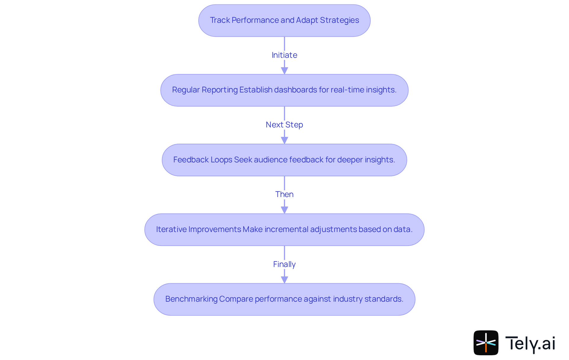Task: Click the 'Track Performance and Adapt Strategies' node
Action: pyautogui.click(x=284, y=20)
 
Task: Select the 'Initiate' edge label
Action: pyautogui.click(x=284, y=55)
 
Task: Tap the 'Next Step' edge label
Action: pyautogui.click(x=284, y=125)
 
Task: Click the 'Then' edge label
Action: pyautogui.click(x=284, y=194)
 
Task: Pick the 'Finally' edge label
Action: pyautogui.click(x=284, y=264)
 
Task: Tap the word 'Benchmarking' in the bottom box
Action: pyautogui.click(x=191, y=299)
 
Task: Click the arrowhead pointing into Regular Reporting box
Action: pyautogui.click(x=284, y=71)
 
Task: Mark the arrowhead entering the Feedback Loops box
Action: pyautogui.click(x=284, y=140)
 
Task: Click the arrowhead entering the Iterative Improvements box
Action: pyautogui.click(x=284, y=210)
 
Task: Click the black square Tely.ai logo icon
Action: pyautogui.click(x=486, y=343)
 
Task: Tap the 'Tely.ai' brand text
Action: pyautogui.click(x=530, y=343)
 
